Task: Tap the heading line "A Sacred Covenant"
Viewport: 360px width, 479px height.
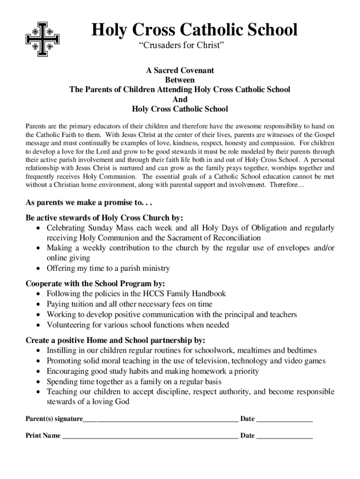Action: point(180,70)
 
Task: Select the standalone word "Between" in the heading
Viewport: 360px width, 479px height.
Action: point(180,80)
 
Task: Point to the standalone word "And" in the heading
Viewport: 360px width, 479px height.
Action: point(180,99)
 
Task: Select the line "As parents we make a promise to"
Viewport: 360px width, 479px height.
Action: point(89,203)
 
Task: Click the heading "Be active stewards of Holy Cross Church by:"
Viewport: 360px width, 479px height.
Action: point(104,218)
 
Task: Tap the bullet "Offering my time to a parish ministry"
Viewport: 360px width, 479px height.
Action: point(108,269)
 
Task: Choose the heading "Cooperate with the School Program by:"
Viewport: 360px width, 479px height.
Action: point(95,283)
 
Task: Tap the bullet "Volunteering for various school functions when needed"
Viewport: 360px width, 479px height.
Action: point(138,325)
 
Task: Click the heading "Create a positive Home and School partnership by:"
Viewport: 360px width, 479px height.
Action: point(115,340)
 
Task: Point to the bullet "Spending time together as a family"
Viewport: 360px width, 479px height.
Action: point(134,382)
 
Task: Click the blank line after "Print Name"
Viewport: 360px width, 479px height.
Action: point(150,436)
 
